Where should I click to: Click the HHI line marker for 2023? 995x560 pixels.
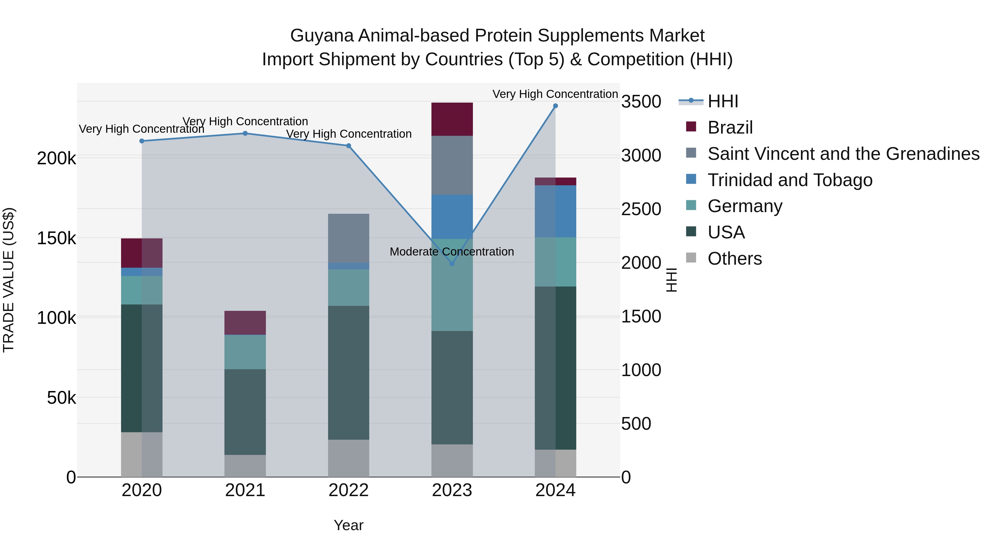[x=452, y=264]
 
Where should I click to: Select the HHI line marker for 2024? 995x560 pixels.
[x=556, y=106]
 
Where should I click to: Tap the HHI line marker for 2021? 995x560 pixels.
[x=245, y=133]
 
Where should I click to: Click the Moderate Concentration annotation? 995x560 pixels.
[x=452, y=252]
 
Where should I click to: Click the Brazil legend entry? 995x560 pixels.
[x=730, y=127]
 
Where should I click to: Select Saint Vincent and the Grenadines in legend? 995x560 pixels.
[x=843, y=154]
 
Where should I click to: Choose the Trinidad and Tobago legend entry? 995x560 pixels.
[x=790, y=180]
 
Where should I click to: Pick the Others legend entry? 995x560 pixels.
[x=734, y=259]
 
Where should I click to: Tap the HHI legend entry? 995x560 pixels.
[x=723, y=101]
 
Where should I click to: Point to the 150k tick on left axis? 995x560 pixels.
[x=56, y=238]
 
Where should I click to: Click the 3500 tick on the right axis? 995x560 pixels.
[x=641, y=102]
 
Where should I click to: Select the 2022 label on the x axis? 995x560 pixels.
[x=349, y=490]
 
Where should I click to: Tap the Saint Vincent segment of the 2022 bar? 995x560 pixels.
[x=349, y=238]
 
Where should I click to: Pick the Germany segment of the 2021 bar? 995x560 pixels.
[x=245, y=352]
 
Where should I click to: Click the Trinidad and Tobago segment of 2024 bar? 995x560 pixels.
[x=556, y=211]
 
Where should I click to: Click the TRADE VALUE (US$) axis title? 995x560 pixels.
[x=9, y=280]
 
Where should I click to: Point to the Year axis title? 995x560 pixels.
[x=349, y=525]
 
